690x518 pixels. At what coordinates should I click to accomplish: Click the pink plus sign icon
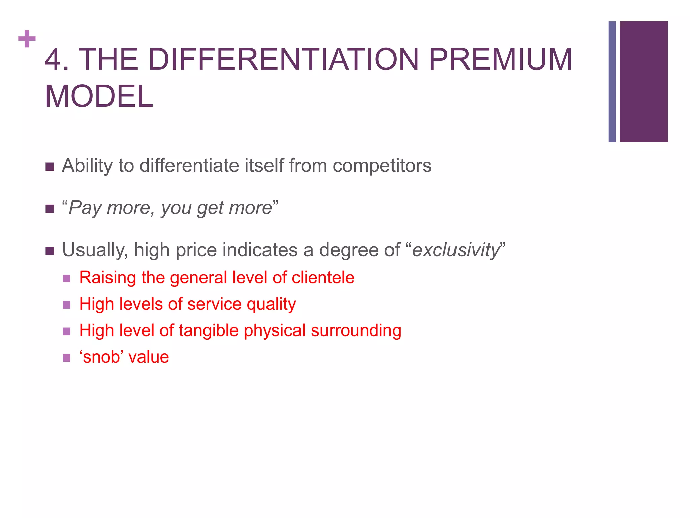pyautogui.click(x=27, y=39)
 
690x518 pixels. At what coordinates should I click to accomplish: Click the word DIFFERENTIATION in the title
pyautogui.click(x=283, y=60)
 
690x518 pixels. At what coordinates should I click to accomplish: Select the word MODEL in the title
pyautogui.click(x=99, y=96)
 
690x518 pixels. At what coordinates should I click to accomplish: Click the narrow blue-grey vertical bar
pyautogui.click(x=612, y=82)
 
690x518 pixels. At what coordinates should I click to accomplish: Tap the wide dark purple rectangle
pyautogui.click(x=644, y=82)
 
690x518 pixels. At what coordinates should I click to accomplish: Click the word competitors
pyautogui.click(x=382, y=166)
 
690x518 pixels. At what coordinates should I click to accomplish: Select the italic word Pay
pyautogui.click(x=85, y=208)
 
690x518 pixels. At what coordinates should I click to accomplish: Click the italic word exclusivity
pyautogui.click(x=456, y=250)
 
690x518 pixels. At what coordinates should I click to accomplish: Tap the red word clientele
pyautogui.click(x=323, y=278)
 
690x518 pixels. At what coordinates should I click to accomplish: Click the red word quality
pyautogui.click(x=271, y=305)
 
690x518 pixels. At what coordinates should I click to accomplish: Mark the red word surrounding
pyautogui.click(x=356, y=331)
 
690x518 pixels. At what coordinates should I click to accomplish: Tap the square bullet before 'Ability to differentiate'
pyautogui.click(x=50, y=167)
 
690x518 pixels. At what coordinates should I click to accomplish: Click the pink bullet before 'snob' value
pyautogui.click(x=67, y=358)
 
